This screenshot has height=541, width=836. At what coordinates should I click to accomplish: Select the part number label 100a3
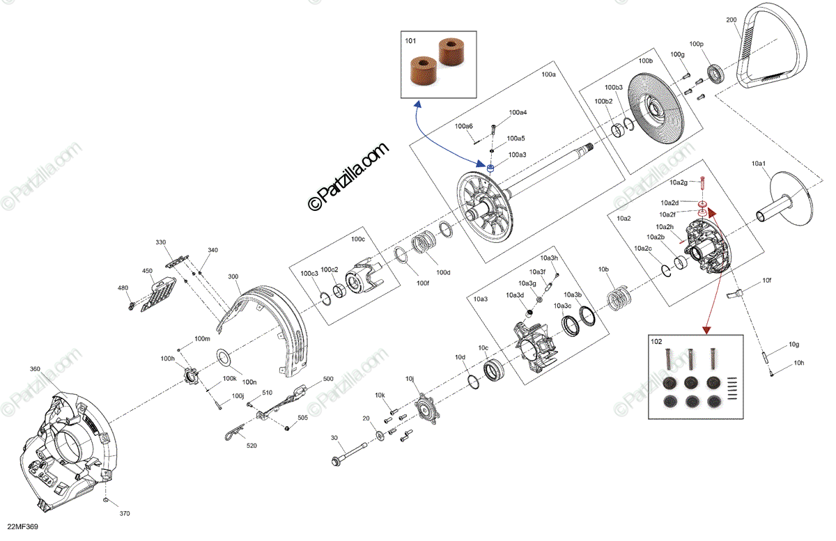(x=517, y=155)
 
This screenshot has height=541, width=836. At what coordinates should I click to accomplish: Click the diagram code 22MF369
(x=22, y=527)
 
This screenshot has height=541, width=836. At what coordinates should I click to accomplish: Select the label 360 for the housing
(x=36, y=369)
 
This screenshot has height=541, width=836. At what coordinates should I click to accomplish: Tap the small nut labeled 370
(x=104, y=501)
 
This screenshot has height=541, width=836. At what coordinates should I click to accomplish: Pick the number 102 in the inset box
(x=657, y=341)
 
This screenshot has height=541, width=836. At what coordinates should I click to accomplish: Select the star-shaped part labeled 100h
(x=187, y=378)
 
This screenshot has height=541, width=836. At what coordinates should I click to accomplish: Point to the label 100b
(x=645, y=61)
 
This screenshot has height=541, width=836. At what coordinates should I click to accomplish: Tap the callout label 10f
(x=766, y=281)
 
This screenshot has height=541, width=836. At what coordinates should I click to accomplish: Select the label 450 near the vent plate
(x=147, y=271)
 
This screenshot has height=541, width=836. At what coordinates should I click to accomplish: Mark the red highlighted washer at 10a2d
(x=703, y=203)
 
